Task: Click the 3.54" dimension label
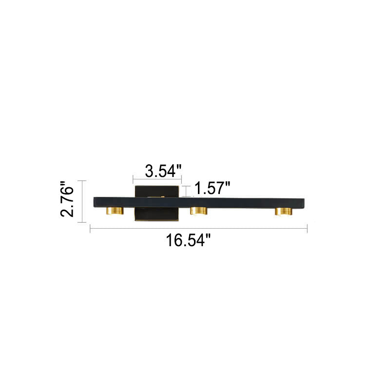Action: coord(163,171)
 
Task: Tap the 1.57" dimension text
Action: coord(212,188)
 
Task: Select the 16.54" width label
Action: coord(188,240)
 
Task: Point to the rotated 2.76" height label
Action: coord(67,199)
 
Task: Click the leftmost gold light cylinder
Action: coord(115,211)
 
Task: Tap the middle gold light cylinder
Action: coord(199,211)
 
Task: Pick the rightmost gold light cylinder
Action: coord(283,211)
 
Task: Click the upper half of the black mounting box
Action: coord(156,192)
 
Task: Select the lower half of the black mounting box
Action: coord(156,214)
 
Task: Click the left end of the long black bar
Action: coord(94,202)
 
